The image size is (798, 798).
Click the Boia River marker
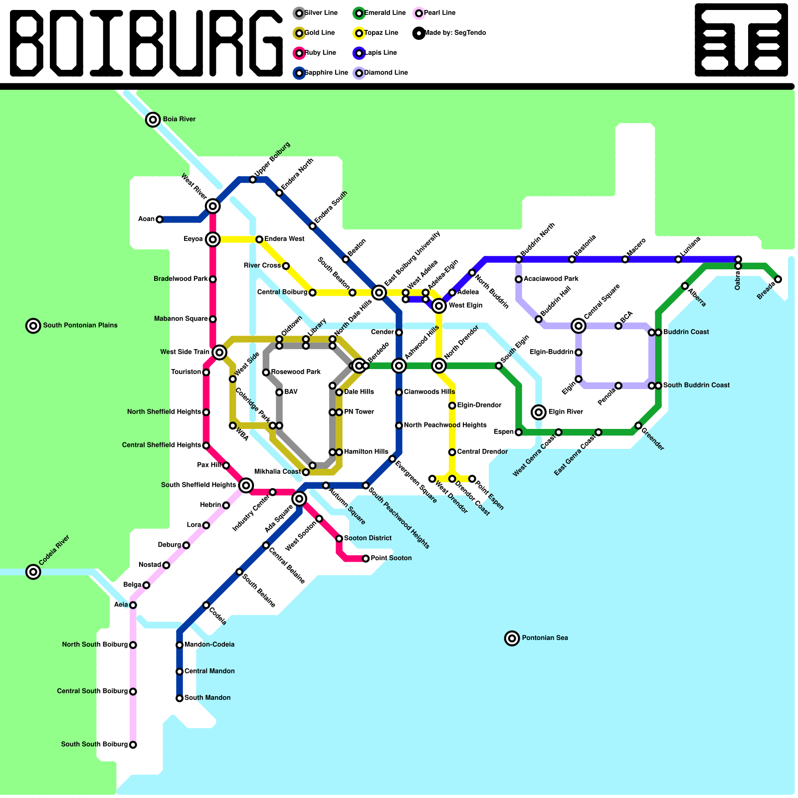coord(153,120)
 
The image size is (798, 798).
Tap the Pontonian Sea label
coord(545,638)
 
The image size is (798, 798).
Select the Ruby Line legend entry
coord(320,53)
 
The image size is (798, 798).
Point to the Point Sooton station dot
coord(366,559)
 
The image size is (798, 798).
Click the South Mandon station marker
coord(180,698)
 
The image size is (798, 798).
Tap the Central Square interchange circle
coord(579,326)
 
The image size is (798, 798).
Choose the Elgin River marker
coord(539,412)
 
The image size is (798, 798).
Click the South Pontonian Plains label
coord(80,325)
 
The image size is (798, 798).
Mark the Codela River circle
coord(33,572)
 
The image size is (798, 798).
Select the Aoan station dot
coord(160,219)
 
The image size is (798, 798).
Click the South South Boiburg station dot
coord(133,745)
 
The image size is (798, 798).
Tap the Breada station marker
coord(778,279)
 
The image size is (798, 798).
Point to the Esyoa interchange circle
coord(213,239)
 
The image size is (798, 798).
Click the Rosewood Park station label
coord(296,372)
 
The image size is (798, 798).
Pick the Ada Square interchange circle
coord(299,498)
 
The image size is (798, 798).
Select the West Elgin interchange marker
coord(439,306)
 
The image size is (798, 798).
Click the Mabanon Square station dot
coord(213,319)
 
